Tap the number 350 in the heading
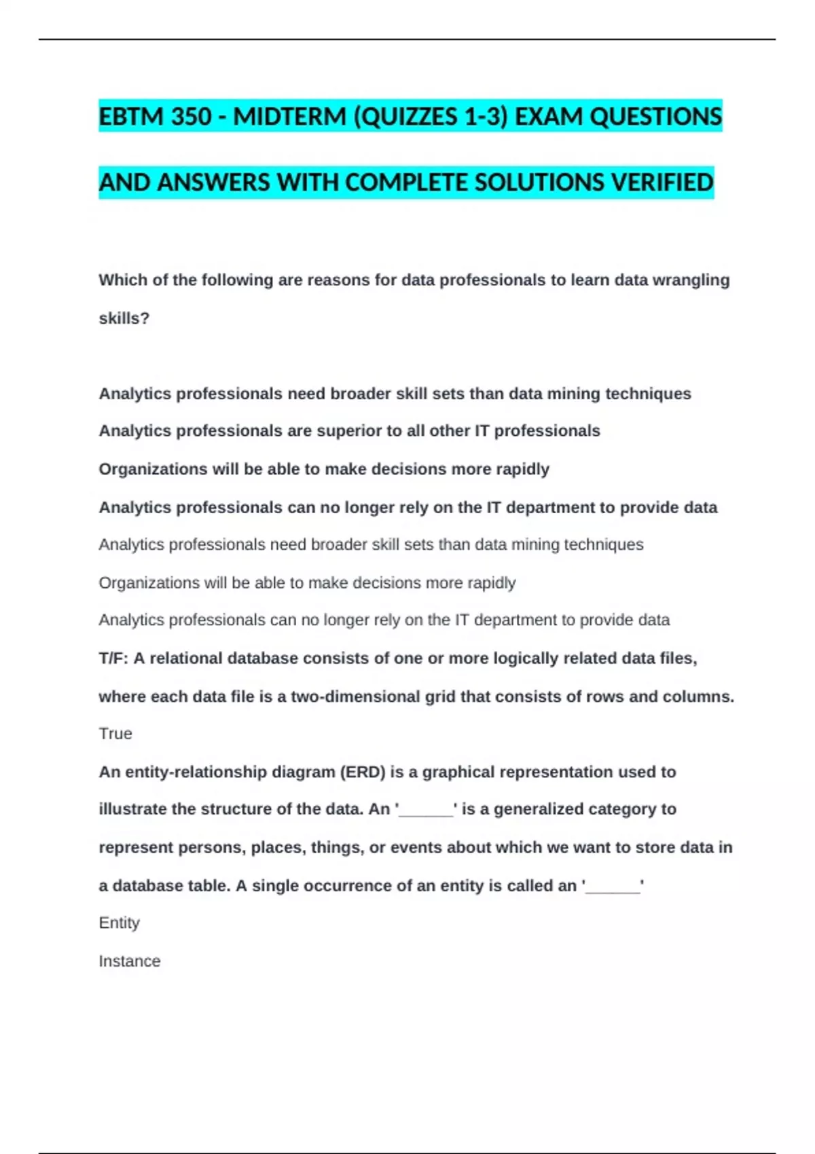tap(192, 117)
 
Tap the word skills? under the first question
tap(124, 318)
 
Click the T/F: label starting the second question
tap(113, 658)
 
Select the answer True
tap(115, 734)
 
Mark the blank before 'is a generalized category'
tap(426, 810)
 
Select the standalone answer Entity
tap(120, 923)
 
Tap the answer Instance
tap(130, 961)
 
